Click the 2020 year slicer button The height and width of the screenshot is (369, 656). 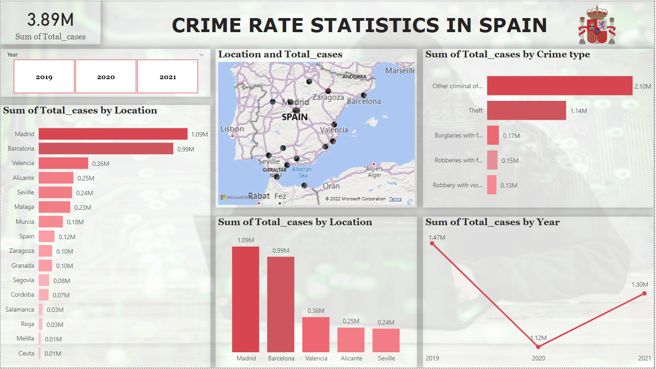point(106,76)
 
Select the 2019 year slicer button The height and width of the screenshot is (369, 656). point(44,76)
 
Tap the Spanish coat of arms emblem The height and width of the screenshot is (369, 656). point(596,25)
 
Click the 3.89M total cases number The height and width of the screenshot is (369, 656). point(50,20)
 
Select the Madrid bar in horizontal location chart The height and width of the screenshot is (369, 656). point(113,134)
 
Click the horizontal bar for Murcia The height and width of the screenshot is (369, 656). point(51,222)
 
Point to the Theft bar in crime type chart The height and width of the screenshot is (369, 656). point(526,110)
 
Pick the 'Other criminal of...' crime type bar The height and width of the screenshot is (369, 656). point(559,85)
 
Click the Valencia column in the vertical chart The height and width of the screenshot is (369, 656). point(316,334)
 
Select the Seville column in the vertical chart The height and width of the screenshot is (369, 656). point(386,340)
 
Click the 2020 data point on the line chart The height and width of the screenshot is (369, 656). point(538,347)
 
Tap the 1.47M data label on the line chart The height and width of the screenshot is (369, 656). point(437,237)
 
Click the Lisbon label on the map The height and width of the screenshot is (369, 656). point(232,129)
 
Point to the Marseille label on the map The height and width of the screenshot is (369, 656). point(400,71)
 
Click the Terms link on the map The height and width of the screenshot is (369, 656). point(395,199)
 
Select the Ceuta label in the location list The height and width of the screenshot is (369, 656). point(26,353)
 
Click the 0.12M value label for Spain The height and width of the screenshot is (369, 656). point(67,237)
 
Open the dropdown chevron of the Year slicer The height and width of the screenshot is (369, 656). point(201,55)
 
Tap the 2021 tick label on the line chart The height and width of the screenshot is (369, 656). point(644,358)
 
